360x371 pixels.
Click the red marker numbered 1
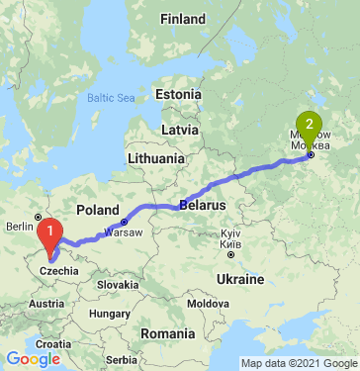tap(46, 233)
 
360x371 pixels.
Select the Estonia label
tap(178, 94)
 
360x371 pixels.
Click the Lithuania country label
tap(155, 158)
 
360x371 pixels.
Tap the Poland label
tap(97, 211)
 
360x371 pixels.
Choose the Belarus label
tap(204, 205)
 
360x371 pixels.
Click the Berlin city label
tap(21, 226)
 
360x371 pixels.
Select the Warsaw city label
tap(124, 232)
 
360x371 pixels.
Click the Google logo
tap(33, 358)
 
